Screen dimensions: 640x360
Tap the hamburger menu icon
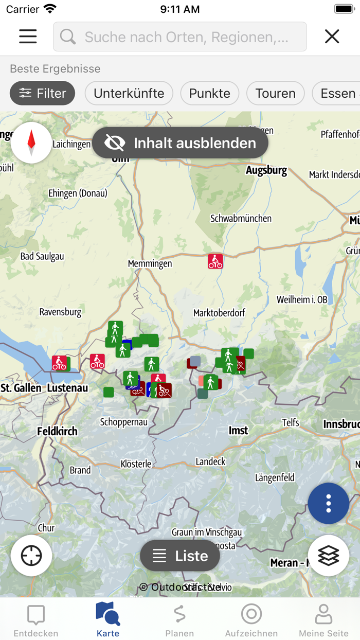[x=28, y=36]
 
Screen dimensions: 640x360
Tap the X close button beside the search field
[x=332, y=36]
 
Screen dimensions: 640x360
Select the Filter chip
[x=42, y=93]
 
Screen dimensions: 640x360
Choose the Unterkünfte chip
[x=129, y=93]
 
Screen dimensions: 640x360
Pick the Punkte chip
[x=209, y=93]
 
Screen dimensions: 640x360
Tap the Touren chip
[x=275, y=93]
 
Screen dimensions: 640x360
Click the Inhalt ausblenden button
[x=180, y=143]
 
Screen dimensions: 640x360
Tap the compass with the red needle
[x=31, y=143]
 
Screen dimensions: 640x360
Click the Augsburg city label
[x=266, y=170]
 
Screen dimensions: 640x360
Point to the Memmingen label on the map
[x=150, y=263]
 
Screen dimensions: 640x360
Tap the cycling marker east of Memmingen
[x=215, y=261]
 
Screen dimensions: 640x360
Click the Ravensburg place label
[x=60, y=312]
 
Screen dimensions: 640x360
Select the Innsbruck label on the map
[x=341, y=424]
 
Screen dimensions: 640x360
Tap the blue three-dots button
[x=328, y=503]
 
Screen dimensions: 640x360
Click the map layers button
[x=328, y=556]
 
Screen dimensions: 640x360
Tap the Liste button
[x=180, y=556]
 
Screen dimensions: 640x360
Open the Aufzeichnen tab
[x=251, y=620]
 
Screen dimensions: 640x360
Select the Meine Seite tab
[x=323, y=620]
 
